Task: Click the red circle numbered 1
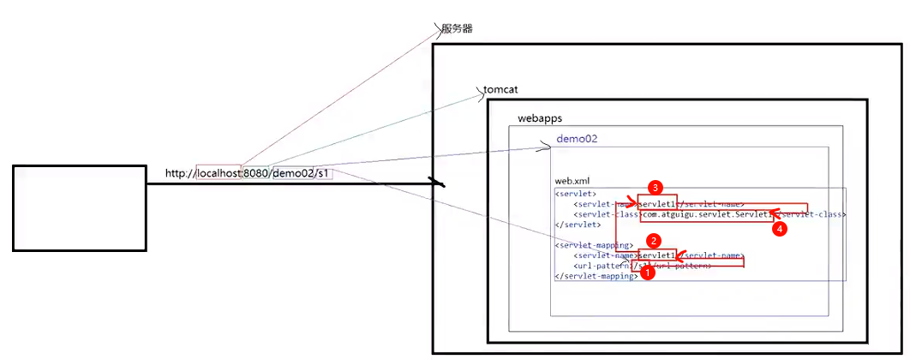[x=649, y=274]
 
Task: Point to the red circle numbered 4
[x=779, y=229]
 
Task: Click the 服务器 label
[x=457, y=29]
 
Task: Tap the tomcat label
[x=500, y=90]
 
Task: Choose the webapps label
[x=540, y=117]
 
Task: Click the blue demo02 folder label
[x=576, y=139]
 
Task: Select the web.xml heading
[x=572, y=181]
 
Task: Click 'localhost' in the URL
[x=219, y=174]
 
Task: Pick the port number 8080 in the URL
[x=256, y=174]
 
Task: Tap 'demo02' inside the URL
[x=292, y=174]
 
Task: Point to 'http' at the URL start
[x=177, y=174]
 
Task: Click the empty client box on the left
[x=79, y=207]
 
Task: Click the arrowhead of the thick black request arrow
[x=440, y=183]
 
